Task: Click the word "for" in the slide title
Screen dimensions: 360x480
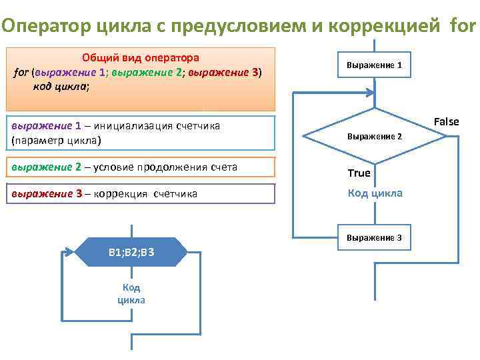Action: point(464,26)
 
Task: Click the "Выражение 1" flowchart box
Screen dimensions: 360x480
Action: point(374,65)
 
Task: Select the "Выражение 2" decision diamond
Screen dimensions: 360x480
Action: point(374,136)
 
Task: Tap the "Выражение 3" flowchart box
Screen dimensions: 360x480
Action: point(374,238)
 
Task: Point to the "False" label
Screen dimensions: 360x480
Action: point(446,121)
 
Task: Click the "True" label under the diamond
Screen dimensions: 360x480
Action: point(359,173)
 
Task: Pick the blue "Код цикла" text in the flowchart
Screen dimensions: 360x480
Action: point(375,193)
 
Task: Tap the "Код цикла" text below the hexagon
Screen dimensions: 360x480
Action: point(131,293)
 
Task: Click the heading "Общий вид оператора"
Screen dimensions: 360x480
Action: point(141,58)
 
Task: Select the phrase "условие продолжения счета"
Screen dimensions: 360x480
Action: point(162,167)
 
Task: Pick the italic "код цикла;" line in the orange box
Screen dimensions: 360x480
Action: point(60,86)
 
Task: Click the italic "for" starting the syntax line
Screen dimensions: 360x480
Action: point(21,72)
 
